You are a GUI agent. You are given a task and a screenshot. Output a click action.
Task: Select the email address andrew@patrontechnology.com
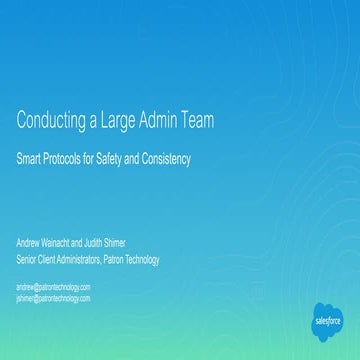(x=53, y=286)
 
